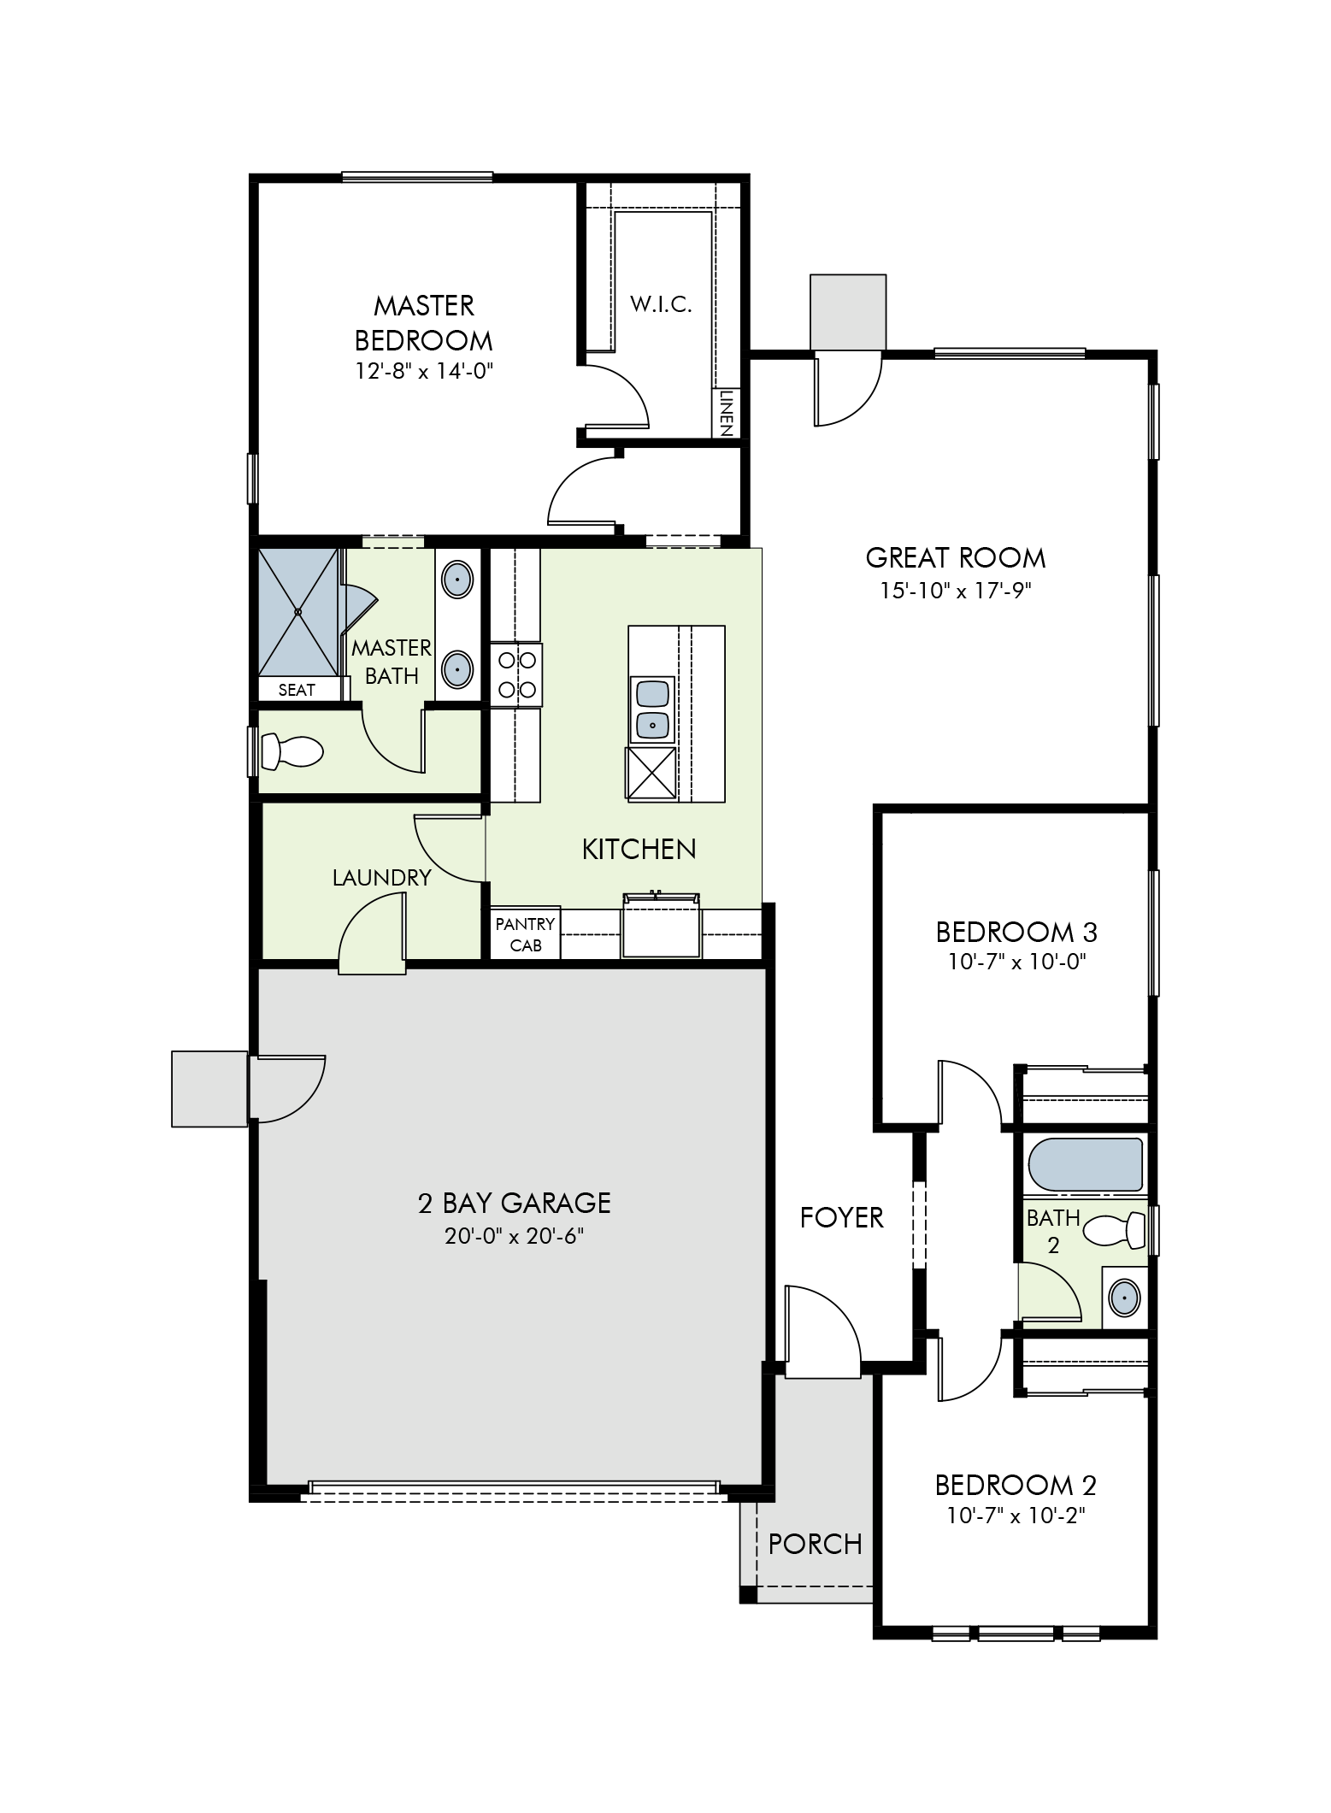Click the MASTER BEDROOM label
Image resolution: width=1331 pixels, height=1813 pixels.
tap(423, 322)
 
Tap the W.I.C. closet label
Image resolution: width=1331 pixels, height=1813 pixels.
tap(661, 304)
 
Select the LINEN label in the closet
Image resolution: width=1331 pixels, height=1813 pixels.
tap(726, 413)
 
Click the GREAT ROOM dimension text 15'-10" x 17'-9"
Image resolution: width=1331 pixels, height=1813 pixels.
tap(956, 591)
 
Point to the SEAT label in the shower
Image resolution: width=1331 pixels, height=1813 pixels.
tap(297, 690)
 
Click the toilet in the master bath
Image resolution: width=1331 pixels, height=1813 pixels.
tap(292, 751)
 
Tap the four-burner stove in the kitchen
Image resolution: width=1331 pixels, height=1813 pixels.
tap(516, 674)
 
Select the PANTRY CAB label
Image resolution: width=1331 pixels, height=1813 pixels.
tap(525, 934)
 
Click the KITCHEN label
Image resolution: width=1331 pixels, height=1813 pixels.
tap(639, 849)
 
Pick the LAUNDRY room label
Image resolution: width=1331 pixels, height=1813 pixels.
tap(381, 878)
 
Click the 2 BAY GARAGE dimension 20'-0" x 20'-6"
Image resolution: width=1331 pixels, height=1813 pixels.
tap(515, 1236)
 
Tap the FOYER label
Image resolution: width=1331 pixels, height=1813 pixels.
tap(841, 1217)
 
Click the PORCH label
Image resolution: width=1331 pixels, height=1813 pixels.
tap(816, 1544)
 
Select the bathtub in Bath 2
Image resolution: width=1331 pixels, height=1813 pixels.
tap(1087, 1164)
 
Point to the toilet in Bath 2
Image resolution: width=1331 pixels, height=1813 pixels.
tap(1115, 1231)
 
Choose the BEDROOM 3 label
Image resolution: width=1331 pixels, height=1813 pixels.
tap(1016, 931)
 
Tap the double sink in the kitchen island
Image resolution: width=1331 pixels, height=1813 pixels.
tap(652, 709)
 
